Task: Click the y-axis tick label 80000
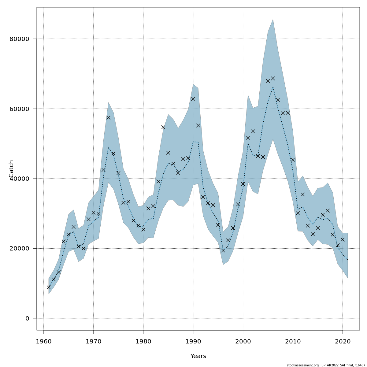tap(19, 39)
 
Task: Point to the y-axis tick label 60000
tap(19, 109)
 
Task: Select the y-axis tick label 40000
tap(19, 179)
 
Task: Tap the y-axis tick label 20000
tap(19, 249)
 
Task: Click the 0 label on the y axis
tap(27, 318)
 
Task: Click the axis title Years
tap(198, 356)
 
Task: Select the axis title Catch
tap(11, 169)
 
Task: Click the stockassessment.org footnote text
tap(326, 365)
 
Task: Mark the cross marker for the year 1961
tap(49, 287)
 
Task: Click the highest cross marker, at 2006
tap(273, 78)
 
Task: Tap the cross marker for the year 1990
tap(193, 99)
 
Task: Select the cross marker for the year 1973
tap(108, 117)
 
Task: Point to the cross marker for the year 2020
tap(343, 239)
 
